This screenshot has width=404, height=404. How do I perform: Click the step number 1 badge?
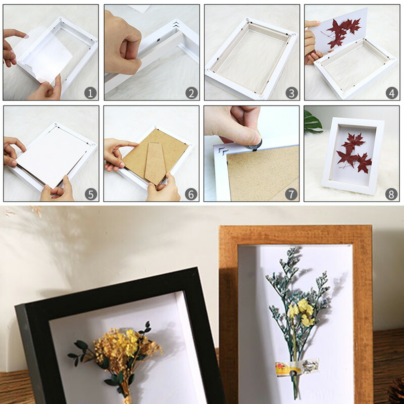coord(90,93)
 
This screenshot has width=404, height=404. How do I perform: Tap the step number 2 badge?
coord(191,93)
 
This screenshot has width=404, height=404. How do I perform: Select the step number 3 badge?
coord(292,93)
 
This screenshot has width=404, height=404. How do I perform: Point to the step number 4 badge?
coord(392,93)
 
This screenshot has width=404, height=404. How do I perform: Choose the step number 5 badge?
coord(91,194)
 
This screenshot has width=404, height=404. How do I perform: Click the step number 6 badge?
coord(191,194)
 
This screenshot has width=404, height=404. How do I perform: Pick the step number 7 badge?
coord(291,194)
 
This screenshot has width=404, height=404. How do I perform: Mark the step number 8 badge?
coord(391,194)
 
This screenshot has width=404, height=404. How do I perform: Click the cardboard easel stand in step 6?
coord(155,164)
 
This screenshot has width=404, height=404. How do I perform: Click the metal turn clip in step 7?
coord(255,145)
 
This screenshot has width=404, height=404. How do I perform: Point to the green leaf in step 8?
coord(313,122)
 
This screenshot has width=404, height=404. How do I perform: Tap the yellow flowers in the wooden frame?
coord(301,312)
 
